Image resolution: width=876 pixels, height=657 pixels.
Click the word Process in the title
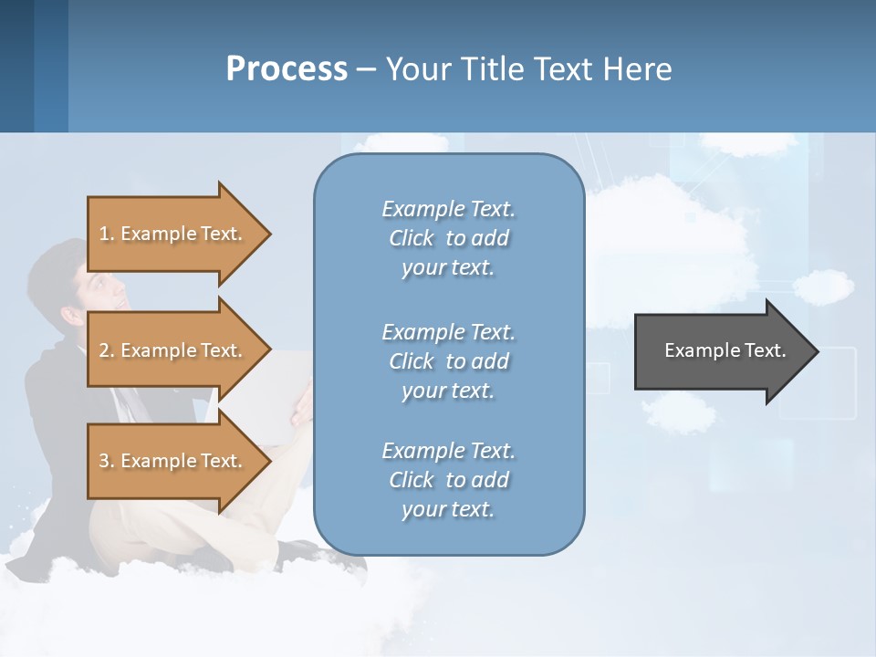click(287, 69)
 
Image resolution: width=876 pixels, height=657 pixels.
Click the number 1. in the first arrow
click(107, 234)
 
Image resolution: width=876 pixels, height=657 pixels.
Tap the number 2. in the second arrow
click(107, 350)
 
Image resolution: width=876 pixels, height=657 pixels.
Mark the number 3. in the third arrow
click(107, 461)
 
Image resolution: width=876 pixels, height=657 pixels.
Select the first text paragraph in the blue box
click(448, 238)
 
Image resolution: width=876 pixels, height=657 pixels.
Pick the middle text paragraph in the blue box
click(448, 360)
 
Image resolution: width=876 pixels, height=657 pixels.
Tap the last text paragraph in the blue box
click(448, 480)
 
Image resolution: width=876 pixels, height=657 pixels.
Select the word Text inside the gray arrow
click(766, 350)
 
